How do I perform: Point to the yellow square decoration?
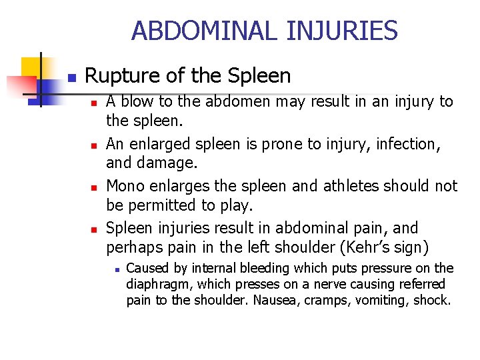pyautogui.click(x=32, y=67)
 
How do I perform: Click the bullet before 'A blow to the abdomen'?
pyautogui.click(x=95, y=103)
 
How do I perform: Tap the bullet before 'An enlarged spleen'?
pyautogui.click(x=95, y=146)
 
